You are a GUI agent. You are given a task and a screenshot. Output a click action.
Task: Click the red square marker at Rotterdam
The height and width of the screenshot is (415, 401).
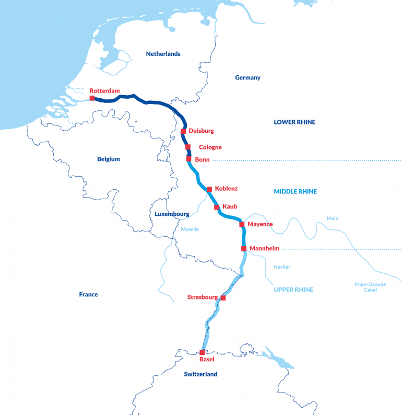click(92, 98)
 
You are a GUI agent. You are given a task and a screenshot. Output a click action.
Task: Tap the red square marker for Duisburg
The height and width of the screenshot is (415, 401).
click(183, 131)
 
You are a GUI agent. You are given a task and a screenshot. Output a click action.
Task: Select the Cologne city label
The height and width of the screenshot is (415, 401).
click(210, 147)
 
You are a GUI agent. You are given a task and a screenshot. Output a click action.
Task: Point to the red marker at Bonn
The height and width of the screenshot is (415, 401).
click(189, 159)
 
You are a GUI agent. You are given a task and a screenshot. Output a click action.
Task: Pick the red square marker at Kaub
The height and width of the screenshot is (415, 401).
click(217, 207)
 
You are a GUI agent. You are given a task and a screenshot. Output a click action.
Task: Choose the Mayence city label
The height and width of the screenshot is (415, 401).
click(260, 224)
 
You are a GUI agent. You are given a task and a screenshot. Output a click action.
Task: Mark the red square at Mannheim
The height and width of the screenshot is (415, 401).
click(244, 248)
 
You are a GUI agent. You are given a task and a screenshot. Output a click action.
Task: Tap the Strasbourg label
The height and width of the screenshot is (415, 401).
click(203, 297)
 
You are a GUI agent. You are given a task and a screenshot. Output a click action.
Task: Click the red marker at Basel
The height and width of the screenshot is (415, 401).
click(202, 352)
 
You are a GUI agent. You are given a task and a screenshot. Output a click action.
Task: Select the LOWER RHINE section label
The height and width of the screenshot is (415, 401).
click(294, 122)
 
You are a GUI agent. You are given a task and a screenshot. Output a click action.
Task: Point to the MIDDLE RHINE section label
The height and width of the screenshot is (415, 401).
click(295, 192)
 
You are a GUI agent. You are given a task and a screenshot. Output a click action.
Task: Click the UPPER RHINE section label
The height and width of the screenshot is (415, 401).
click(293, 290)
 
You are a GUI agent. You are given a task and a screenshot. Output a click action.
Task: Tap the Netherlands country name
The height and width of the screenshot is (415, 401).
click(163, 54)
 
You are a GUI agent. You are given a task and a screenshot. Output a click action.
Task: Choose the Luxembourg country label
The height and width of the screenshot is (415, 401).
click(172, 214)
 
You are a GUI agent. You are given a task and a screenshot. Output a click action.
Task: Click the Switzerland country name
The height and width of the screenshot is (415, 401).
click(200, 374)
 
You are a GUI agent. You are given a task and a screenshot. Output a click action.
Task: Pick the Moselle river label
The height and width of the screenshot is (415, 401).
click(190, 229)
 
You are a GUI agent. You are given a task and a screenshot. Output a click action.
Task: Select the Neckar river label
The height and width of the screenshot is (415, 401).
click(282, 267)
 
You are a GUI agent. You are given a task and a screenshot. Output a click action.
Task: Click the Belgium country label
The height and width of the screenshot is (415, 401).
click(109, 159)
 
